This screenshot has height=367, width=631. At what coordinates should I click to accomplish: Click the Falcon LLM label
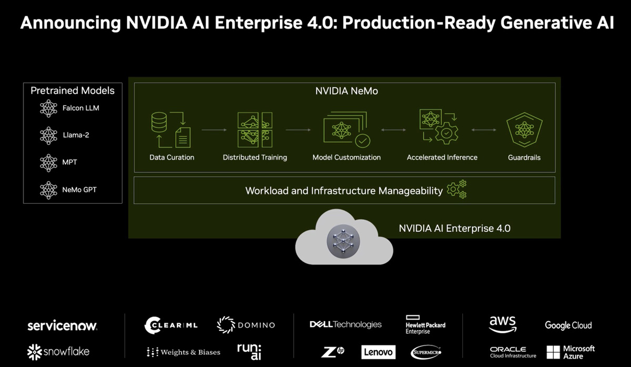click(80, 108)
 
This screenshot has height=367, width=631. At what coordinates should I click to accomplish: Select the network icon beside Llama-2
click(49, 135)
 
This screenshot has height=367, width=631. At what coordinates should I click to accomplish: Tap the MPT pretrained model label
click(69, 162)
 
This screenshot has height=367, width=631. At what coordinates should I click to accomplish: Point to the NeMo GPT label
click(79, 190)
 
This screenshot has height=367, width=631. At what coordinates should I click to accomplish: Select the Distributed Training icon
click(255, 129)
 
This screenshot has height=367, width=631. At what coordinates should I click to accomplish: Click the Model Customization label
click(346, 157)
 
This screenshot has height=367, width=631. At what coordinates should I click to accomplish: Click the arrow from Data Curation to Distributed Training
click(213, 129)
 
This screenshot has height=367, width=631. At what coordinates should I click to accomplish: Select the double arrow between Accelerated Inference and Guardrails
click(484, 129)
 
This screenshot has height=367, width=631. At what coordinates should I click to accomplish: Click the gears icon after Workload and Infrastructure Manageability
click(456, 190)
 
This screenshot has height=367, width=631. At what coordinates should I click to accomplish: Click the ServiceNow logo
click(62, 325)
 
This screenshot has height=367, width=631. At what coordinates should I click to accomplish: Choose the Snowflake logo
click(58, 351)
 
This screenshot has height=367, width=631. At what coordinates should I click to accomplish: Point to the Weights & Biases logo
click(184, 352)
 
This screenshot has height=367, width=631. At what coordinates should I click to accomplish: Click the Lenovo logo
click(378, 352)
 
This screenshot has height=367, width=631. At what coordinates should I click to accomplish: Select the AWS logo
click(502, 324)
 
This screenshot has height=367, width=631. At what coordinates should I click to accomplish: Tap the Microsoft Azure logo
click(571, 352)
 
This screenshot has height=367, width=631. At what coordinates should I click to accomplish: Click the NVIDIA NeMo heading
click(346, 91)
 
